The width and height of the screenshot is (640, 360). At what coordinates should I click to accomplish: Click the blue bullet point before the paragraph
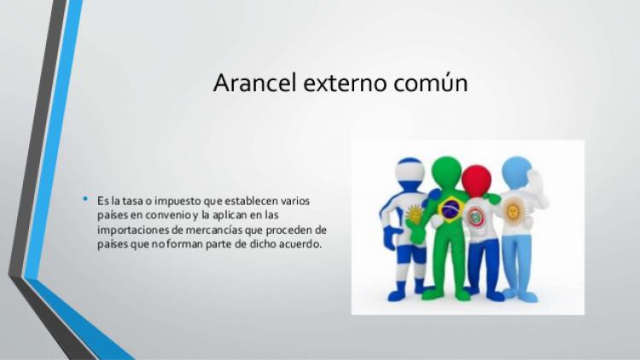[84, 199]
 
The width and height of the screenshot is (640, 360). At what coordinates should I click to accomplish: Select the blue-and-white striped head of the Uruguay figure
[413, 176]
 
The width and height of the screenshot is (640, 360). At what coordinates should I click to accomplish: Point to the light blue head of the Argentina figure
[516, 172]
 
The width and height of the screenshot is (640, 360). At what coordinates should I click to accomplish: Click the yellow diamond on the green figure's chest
[448, 208]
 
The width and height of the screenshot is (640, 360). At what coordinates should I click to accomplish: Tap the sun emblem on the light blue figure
[515, 209]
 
